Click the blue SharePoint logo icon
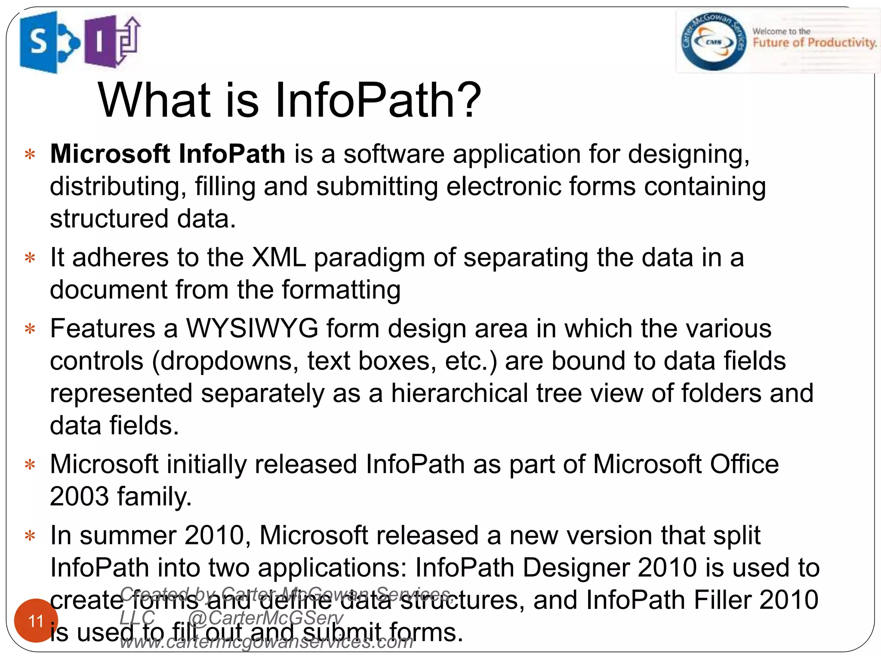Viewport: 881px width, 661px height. click(47, 42)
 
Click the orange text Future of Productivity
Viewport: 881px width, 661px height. click(814, 43)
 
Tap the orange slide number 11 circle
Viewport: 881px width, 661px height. click(36, 621)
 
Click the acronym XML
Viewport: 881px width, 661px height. click(279, 257)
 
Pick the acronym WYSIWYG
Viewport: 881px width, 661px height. click(252, 328)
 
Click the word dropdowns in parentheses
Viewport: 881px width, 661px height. click(230, 361)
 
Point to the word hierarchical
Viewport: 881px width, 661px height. click(459, 393)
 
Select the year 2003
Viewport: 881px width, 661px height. click(79, 496)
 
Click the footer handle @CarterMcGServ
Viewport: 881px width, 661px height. click(265, 618)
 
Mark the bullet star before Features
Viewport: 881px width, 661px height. click(30, 329)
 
